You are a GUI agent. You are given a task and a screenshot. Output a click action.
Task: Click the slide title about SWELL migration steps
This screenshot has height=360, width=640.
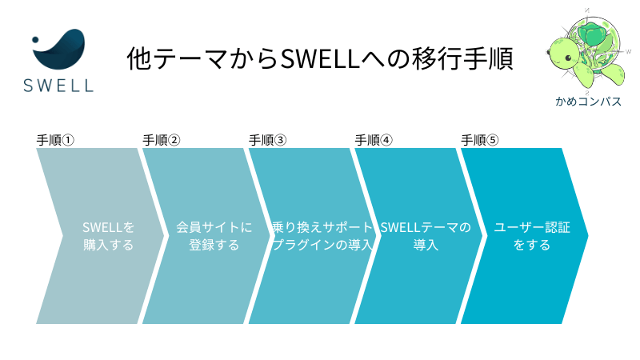(x=320, y=58)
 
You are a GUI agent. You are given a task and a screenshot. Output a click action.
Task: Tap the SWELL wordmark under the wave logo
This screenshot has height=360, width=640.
(x=58, y=86)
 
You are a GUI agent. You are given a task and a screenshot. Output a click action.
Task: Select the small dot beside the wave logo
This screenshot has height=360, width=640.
(x=35, y=39)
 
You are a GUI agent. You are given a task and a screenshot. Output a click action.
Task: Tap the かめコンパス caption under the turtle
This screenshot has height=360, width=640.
(x=588, y=102)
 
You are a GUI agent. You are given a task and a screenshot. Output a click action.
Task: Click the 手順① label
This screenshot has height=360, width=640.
(x=55, y=141)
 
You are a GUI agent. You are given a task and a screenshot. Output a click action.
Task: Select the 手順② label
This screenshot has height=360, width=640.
(x=162, y=141)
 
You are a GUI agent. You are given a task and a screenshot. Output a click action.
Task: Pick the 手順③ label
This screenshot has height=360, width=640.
(x=268, y=141)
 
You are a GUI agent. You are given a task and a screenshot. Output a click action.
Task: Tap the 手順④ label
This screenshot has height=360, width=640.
(x=374, y=141)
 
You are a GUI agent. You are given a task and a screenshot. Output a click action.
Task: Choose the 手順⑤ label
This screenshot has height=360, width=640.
(x=480, y=141)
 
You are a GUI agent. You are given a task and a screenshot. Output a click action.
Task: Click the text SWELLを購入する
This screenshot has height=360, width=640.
(x=108, y=236)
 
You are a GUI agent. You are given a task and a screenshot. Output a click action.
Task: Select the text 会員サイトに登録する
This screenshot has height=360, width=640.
(x=214, y=236)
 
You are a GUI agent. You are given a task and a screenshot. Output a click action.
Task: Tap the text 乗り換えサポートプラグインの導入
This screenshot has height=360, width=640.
(x=322, y=236)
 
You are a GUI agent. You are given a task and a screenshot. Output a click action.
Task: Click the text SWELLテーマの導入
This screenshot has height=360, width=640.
(x=426, y=236)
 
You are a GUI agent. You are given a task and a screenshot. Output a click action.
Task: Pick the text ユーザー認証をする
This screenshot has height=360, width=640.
(x=532, y=236)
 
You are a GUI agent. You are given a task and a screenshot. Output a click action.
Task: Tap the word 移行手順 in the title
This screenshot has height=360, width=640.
(x=462, y=58)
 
